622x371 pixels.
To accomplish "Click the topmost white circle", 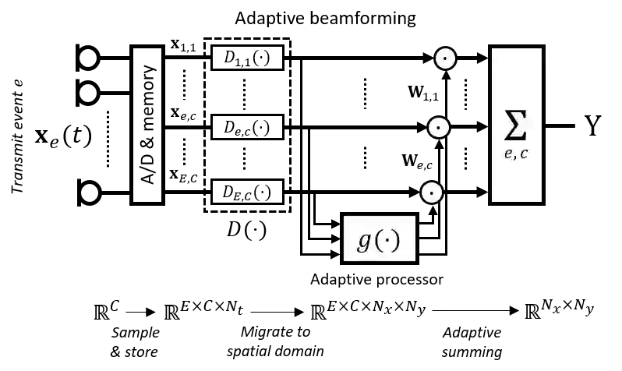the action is coord(445,58).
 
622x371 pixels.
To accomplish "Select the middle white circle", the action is coord(439,127).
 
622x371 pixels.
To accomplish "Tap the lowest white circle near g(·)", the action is coord(432,193).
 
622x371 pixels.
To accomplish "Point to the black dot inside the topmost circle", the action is coord(445,58).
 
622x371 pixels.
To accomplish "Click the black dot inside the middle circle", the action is coord(439,127).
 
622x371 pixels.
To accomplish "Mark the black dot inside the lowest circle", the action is coord(432,193).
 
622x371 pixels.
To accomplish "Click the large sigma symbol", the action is coord(515,125).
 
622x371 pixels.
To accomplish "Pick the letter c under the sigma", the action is coord(524,154).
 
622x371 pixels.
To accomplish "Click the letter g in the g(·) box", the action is coord(364,241).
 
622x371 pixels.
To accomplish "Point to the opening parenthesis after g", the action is coord(380,241).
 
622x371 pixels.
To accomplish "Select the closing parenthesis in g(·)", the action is coord(396,241).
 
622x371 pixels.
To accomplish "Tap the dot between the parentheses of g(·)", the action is coord(388,241).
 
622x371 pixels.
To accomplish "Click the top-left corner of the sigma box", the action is coord(492,48).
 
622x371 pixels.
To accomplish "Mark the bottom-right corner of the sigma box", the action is coord(541,201).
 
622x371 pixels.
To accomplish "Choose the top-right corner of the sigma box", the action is coord(541,48).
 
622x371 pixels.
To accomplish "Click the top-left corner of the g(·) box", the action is coord(345,217).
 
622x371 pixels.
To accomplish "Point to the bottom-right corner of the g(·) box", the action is coord(415,260).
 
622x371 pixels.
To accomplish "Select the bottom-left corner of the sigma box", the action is coord(492,201).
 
